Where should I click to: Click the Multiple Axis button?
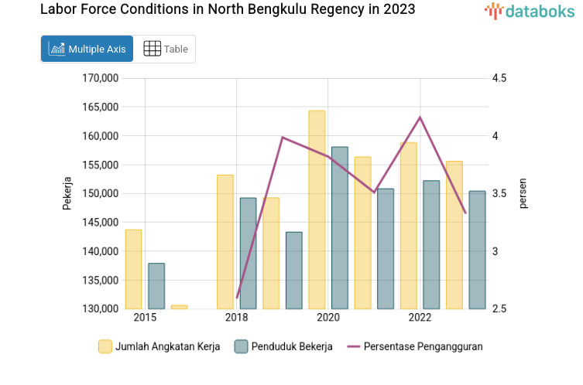click(x=87, y=49)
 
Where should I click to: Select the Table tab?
click(x=166, y=49)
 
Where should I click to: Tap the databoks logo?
click(x=530, y=11)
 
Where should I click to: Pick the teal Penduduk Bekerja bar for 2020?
click(x=340, y=227)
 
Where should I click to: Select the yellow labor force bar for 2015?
click(x=133, y=269)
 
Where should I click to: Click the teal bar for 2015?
click(x=156, y=286)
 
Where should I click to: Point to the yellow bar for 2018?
click(x=225, y=241)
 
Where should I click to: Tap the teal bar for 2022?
click(x=431, y=244)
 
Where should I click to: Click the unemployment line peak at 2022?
click(x=420, y=118)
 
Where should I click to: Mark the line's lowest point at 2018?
click(x=237, y=298)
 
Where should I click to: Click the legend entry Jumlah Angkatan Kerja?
click(x=159, y=346)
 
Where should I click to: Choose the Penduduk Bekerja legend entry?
click(x=283, y=346)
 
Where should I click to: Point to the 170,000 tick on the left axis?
click(x=100, y=78)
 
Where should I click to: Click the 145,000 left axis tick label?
click(x=100, y=223)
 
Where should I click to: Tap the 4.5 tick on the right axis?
click(x=499, y=78)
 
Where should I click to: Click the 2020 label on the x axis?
click(x=328, y=318)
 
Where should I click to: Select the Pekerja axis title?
click(x=67, y=193)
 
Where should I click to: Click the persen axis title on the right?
click(x=523, y=193)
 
